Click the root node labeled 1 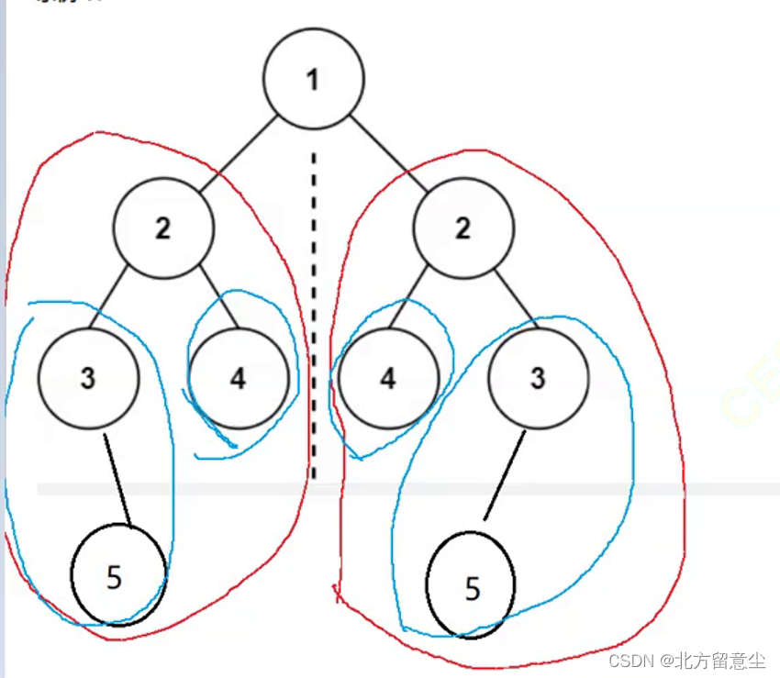313,80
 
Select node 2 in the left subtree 163,228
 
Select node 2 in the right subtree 462,228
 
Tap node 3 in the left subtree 88,377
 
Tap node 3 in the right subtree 538,377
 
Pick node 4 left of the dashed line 238,378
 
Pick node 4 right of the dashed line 388,378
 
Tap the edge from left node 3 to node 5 117,479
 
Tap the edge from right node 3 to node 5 506,480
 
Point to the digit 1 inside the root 313,80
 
